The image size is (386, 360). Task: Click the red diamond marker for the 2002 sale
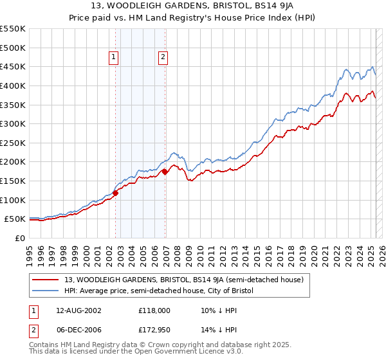tap(116, 192)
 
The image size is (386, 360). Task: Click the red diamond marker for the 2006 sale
tap(165, 172)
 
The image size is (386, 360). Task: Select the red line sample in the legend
tap(46, 280)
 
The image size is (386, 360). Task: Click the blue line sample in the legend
tap(46, 291)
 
